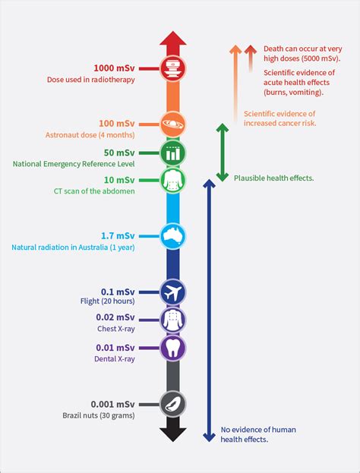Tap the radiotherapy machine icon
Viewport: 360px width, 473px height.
tap(173, 68)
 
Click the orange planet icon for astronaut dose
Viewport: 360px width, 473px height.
tap(173, 122)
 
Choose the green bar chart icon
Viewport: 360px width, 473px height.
tap(173, 152)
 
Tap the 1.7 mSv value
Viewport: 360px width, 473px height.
tap(118, 235)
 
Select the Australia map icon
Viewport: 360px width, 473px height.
tap(173, 236)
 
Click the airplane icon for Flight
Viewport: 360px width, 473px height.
tap(173, 290)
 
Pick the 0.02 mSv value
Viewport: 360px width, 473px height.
tap(115, 317)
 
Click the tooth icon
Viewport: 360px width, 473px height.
tap(173, 348)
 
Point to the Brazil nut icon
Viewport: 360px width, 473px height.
tap(173, 404)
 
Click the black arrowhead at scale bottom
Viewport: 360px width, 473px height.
tap(173, 434)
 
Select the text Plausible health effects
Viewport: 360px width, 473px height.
tap(274, 178)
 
